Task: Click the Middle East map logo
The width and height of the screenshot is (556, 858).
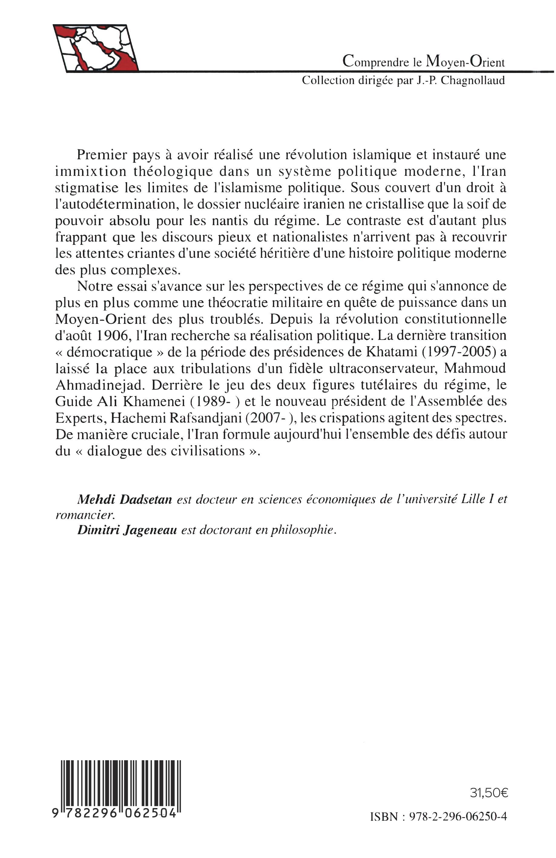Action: point(96,48)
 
